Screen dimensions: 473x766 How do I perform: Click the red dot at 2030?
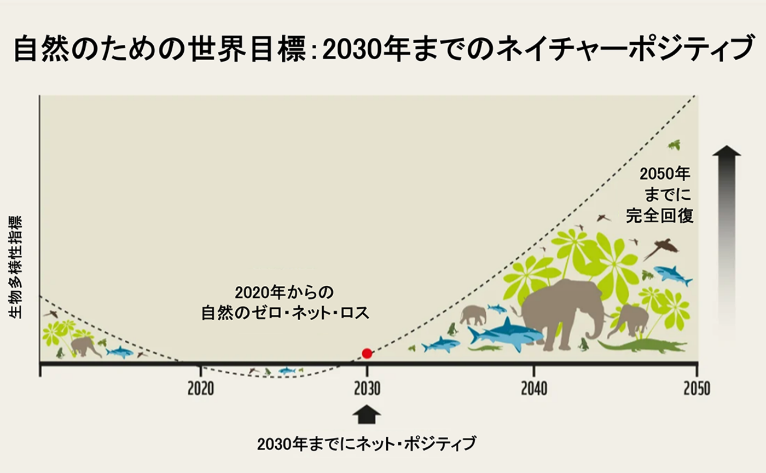(x=367, y=353)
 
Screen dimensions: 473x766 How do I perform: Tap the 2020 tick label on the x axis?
(x=201, y=388)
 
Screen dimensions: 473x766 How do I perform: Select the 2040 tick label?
(x=533, y=388)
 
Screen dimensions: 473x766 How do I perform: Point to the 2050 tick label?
(x=696, y=388)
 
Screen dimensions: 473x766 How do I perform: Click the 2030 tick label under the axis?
(x=367, y=388)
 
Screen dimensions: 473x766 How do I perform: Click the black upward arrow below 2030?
(x=367, y=414)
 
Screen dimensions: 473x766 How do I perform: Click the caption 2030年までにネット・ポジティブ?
(x=367, y=443)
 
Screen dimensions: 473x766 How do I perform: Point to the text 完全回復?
(x=660, y=215)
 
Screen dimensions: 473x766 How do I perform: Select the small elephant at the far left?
(x=83, y=346)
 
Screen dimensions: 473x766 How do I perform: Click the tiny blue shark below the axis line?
(x=287, y=371)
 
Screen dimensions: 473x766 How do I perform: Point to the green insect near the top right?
(x=675, y=145)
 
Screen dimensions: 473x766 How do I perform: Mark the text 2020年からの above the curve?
(x=284, y=290)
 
